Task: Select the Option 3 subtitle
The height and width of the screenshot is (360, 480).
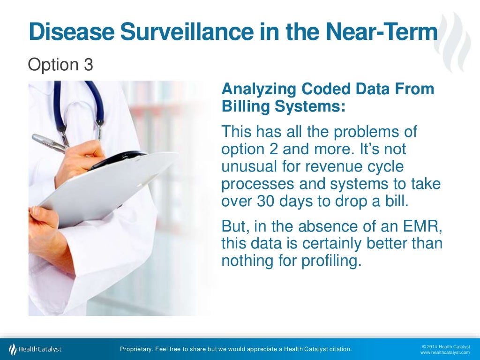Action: pos(60,65)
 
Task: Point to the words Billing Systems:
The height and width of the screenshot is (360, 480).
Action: pos(283,106)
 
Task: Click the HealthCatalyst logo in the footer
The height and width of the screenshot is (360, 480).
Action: pos(35,349)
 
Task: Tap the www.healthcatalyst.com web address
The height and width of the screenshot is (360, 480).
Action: pos(445,352)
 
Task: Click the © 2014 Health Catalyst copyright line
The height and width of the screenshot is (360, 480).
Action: pos(445,346)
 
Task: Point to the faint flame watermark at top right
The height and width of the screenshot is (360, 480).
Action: pos(457,42)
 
